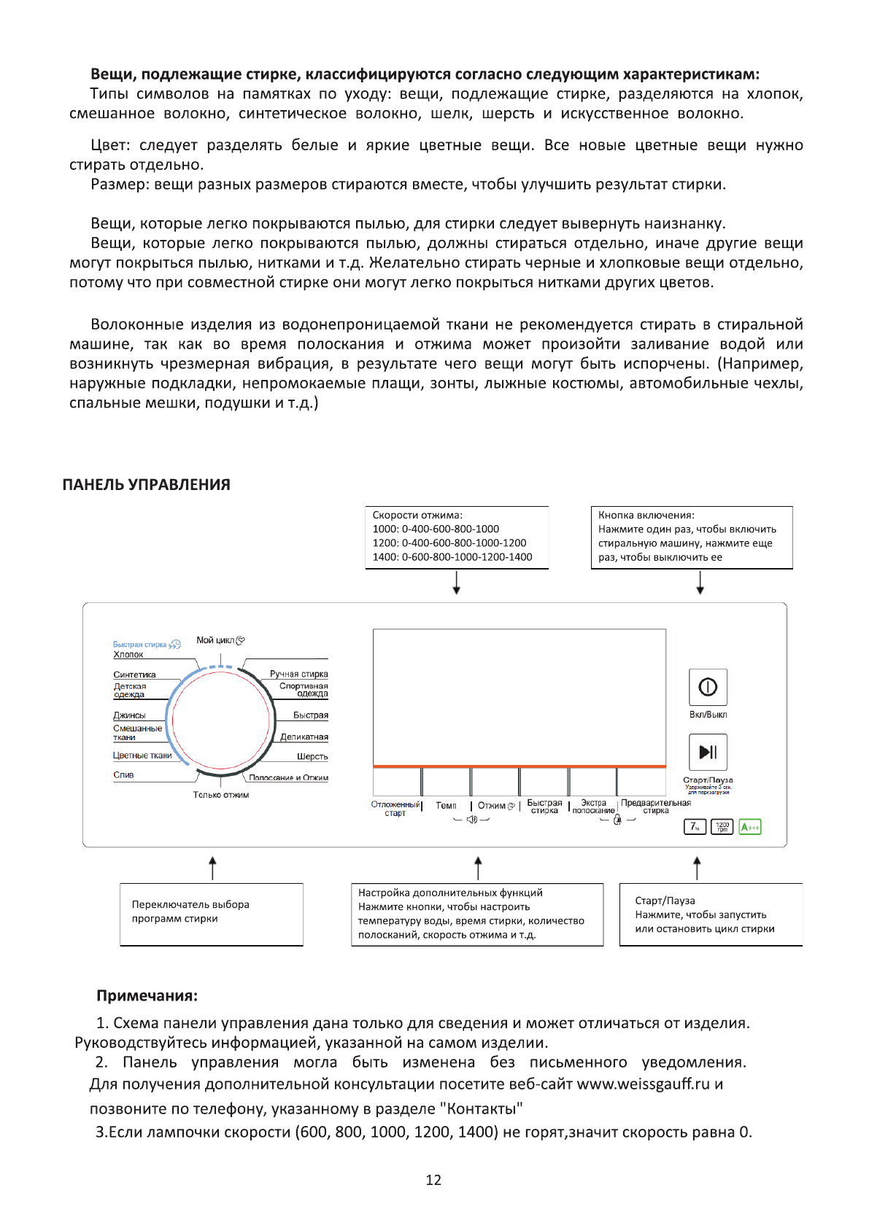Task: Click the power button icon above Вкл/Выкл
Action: (x=708, y=687)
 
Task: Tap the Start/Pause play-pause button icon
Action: (x=708, y=752)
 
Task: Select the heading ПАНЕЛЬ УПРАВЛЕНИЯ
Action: (x=146, y=485)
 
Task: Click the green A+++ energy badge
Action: (x=749, y=827)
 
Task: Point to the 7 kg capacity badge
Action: (x=695, y=827)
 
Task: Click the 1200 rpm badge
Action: (x=722, y=827)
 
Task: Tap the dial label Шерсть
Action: (x=312, y=757)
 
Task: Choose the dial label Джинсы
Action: (x=129, y=715)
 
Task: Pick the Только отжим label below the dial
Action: (x=220, y=795)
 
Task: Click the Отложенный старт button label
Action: (x=395, y=809)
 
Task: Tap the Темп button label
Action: (x=446, y=806)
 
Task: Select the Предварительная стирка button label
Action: (x=655, y=807)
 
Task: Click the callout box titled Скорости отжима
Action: (x=457, y=537)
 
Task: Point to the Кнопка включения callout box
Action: (x=691, y=537)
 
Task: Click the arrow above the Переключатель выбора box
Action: (x=212, y=868)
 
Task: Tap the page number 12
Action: (x=433, y=1180)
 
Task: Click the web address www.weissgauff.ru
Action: (x=643, y=1084)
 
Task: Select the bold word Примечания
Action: (x=147, y=996)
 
